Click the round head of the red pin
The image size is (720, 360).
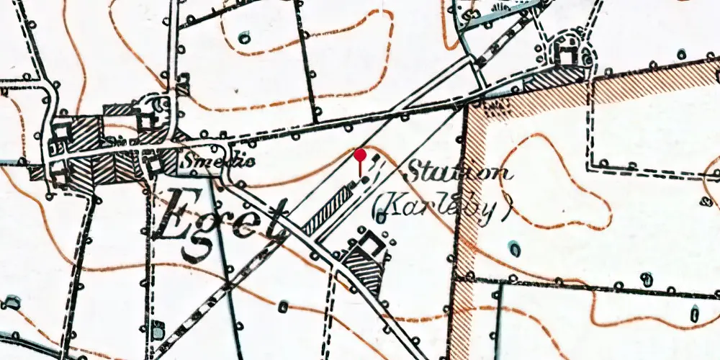360,154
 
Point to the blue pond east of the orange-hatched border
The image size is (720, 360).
515,248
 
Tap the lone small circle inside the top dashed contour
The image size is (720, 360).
244,37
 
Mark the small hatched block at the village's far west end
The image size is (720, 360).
36,174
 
